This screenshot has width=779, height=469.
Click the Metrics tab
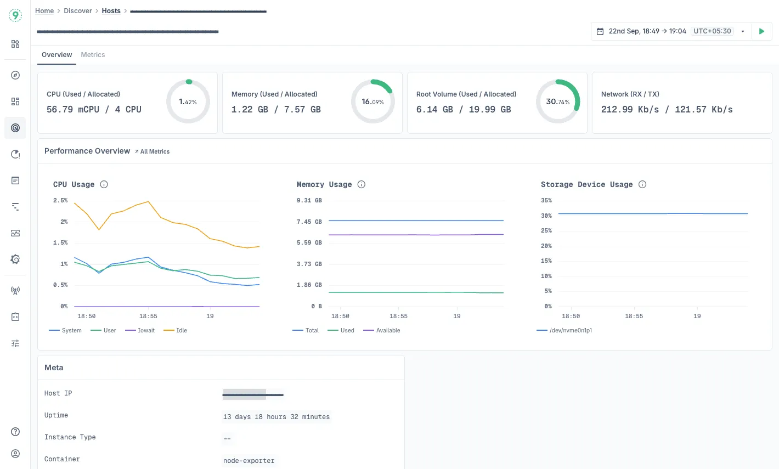[x=93, y=55]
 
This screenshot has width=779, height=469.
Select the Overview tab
[x=57, y=55]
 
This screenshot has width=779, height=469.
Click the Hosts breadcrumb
[x=111, y=11]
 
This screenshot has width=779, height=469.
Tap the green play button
[x=761, y=31]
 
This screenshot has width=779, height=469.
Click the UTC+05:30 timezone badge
[x=712, y=31]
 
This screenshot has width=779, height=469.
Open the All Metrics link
[x=153, y=151]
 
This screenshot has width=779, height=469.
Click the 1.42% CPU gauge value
[x=188, y=102]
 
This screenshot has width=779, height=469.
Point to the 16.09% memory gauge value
[x=372, y=102]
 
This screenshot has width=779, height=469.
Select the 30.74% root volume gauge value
[x=557, y=102]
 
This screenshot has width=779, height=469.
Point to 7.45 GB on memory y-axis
[x=309, y=222]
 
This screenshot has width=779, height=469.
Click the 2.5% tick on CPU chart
[x=60, y=200]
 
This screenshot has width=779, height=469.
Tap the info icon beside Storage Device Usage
[x=642, y=184]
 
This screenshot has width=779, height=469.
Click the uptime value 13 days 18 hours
[x=276, y=417]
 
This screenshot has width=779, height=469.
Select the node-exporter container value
[x=249, y=461]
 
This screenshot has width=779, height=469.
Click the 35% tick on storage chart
[x=546, y=200]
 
